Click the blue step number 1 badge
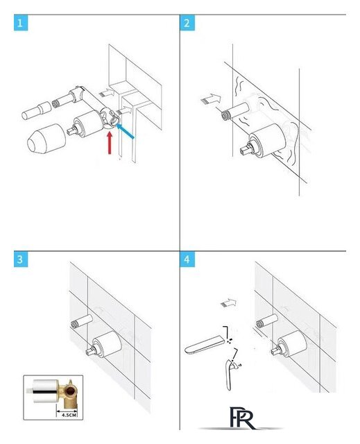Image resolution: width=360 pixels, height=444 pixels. coord(21,23)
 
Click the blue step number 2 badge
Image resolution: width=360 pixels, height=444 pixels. coord(187,23)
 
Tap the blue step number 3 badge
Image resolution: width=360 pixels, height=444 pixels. coord(21,259)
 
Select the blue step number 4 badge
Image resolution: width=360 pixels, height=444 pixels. coord(187,259)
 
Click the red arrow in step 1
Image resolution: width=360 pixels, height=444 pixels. coord(110,143)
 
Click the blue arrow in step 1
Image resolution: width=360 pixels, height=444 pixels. coord(125,131)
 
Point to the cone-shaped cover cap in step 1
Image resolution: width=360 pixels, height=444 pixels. coord(46,139)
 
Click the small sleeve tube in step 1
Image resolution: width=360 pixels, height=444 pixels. coord(36,111)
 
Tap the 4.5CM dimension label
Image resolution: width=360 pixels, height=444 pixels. coord(69,415)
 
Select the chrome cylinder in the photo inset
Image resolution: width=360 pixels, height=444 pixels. coord(45,391)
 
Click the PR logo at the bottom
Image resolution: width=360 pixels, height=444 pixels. coord(241,418)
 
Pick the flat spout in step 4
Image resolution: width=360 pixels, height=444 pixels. coord(205,345)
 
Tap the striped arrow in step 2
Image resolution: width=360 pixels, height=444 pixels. coord(211,99)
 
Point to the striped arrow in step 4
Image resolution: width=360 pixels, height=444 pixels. coord(228,302)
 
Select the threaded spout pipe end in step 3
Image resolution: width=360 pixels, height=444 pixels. coord(75,325)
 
